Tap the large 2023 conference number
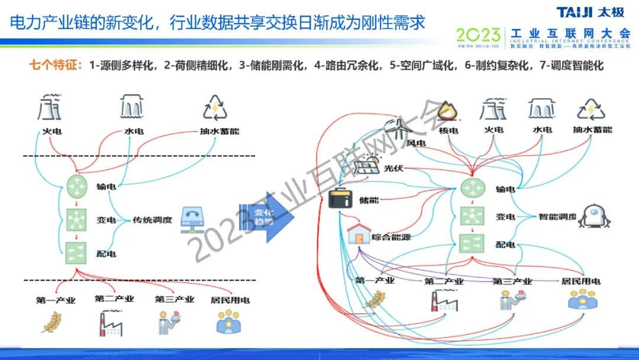[x=477, y=35]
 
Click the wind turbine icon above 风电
[x=401, y=129]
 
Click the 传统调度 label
[x=152, y=220]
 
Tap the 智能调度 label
[x=557, y=217]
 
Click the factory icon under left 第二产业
[x=111, y=322]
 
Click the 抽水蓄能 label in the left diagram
[x=219, y=131]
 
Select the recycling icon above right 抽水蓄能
[x=591, y=110]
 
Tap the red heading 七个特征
[x=56, y=65]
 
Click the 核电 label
[x=448, y=130]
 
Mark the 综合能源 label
[x=391, y=237]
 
